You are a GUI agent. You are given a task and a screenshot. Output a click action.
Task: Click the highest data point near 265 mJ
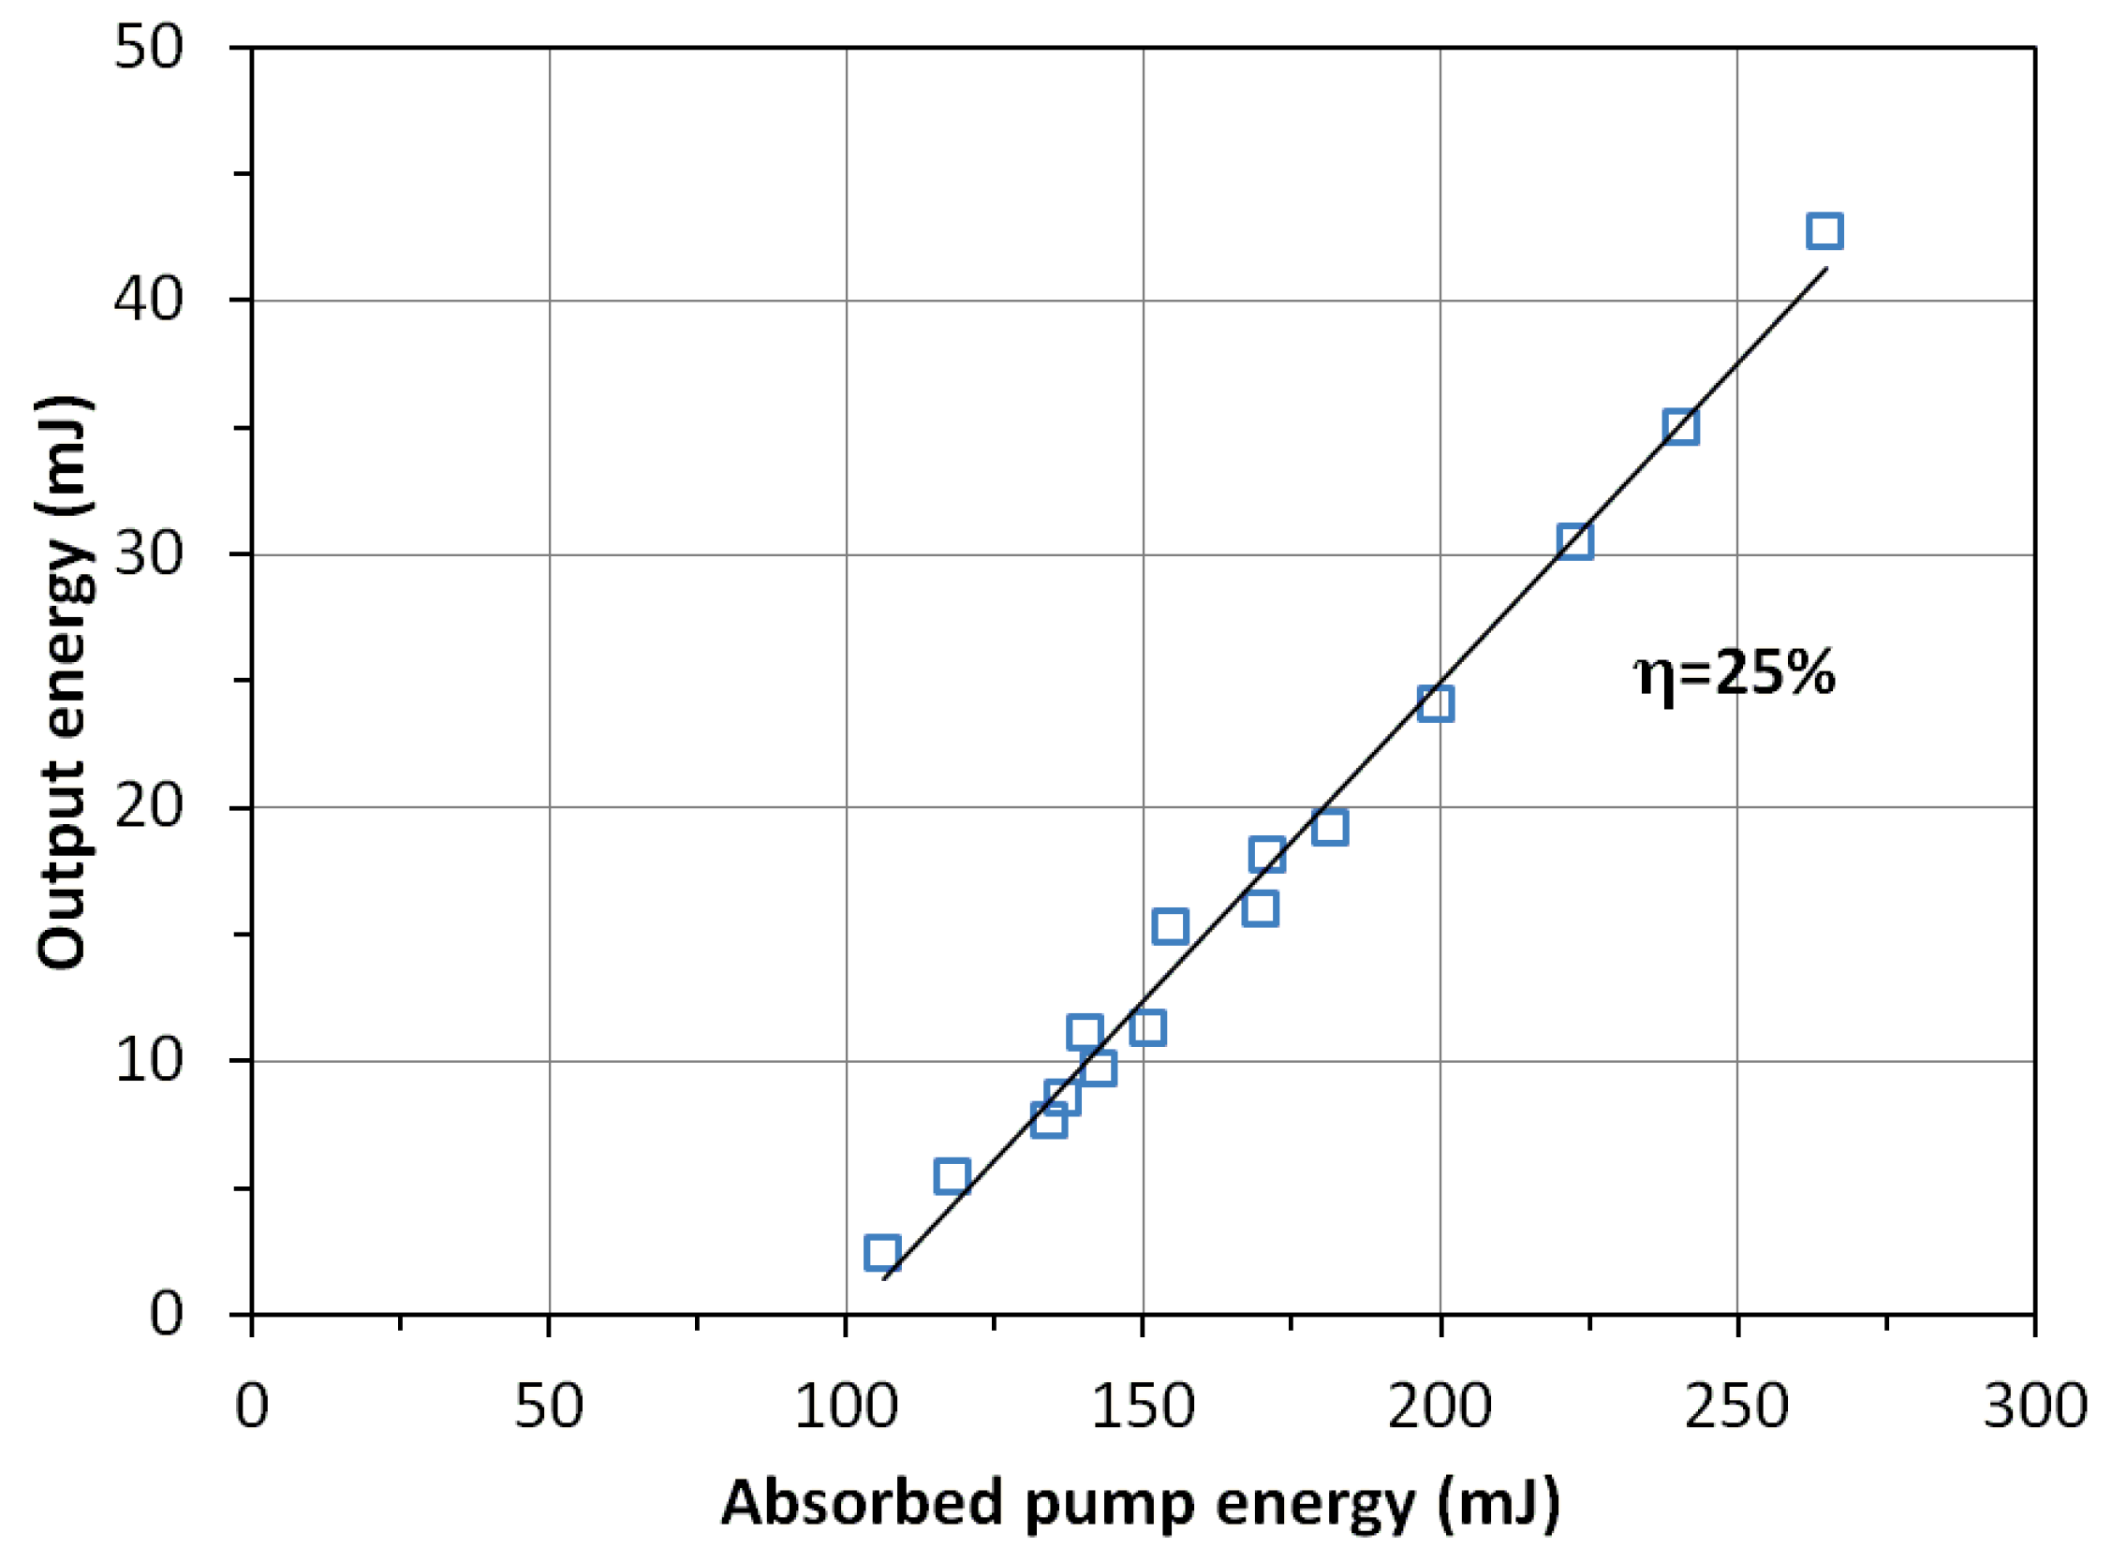pyautogui.click(x=1824, y=231)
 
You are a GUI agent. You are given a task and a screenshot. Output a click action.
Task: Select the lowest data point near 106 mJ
pyautogui.click(x=881, y=1253)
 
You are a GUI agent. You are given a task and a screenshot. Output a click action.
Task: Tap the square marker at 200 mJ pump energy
pyautogui.click(x=1435, y=703)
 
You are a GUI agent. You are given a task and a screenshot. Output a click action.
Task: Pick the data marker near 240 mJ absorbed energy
pyautogui.click(x=1681, y=427)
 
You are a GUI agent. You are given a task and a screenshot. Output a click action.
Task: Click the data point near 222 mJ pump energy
pyautogui.click(x=1574, y=542)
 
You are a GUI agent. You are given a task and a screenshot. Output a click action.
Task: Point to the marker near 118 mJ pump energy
pyautogui.click(x=951, y=1176)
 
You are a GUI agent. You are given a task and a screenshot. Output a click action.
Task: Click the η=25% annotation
pyautogui.click(x=1735, y=675)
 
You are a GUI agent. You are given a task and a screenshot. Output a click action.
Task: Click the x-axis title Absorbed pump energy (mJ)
pyautogui.click(x=1141, y=1502)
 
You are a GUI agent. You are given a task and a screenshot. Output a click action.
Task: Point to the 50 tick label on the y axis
pyautogui.click(x=147, y=47)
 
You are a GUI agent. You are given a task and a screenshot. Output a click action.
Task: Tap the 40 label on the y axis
pyautogui.click(x=147, y=301)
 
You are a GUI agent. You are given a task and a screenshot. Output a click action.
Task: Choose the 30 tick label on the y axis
pyautogui.click(x=147, y=554)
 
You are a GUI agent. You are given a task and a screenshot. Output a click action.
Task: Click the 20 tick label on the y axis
pyautogui.click(x=147, y=807)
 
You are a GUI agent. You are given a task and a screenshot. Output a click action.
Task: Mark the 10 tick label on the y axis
pyautogui.click(x=147, y=1061)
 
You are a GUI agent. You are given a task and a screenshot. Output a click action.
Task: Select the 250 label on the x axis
pyautogui.click(x=1737, y=1407)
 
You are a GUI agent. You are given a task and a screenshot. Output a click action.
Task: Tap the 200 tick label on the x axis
pyautogui.click(x=1440, y=1407)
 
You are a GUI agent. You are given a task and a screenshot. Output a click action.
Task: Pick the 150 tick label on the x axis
pyautogui.click(x=1143, y=1407)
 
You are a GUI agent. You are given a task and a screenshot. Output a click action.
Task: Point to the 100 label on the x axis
pyautogui.click(x=845, y=1407)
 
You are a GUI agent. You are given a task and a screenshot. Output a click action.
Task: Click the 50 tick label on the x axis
pyautogui.click(x=548, y=1407)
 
